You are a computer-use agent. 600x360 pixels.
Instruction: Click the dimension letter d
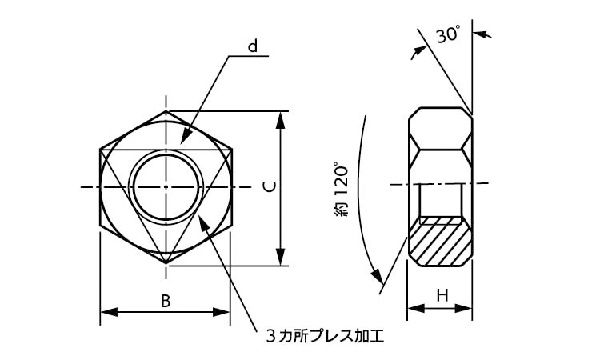coord(253,46)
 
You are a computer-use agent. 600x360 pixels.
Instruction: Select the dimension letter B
coord(166,301)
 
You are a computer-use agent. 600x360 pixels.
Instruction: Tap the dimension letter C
coord(270,186)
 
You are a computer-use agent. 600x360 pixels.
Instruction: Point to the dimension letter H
coord(442,295)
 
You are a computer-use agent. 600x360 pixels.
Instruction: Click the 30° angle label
coord(448,35)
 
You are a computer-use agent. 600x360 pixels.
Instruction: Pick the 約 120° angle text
coord(342,190)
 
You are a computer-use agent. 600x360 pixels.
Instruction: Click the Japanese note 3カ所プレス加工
coord(325,336)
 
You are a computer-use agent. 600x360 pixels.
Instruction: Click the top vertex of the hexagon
coord(166,111)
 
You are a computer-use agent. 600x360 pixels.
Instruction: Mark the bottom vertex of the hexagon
coord(166,263)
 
